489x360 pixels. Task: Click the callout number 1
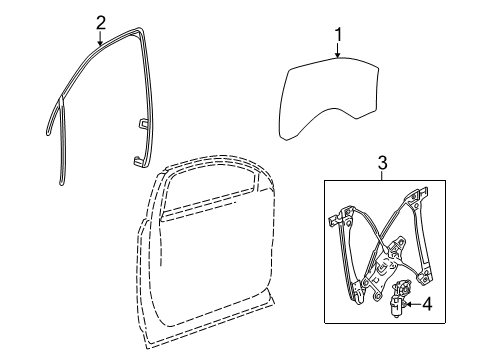[x=337, y=37]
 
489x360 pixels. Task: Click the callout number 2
[x=100, y=22]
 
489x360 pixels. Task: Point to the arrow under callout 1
[x=337, y=55]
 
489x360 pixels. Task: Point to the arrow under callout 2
[x=100, y=40]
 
